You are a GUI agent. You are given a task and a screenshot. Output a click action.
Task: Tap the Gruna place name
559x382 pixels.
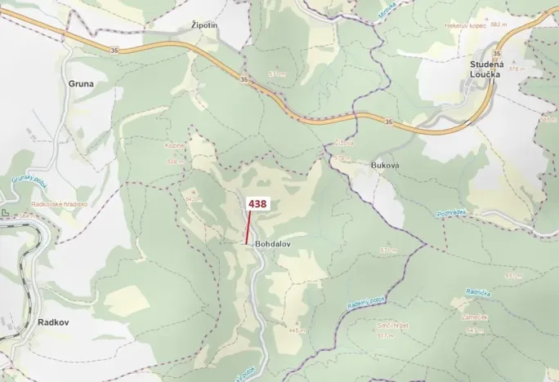[81, 83]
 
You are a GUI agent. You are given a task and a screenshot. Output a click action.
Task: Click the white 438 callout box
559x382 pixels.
[257, 204]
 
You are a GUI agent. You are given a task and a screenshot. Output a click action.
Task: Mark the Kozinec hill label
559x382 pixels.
[175, 145]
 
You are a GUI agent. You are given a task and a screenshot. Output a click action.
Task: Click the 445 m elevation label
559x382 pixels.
[295, 330]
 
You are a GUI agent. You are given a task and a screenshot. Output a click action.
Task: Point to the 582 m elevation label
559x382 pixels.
[499, 25]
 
